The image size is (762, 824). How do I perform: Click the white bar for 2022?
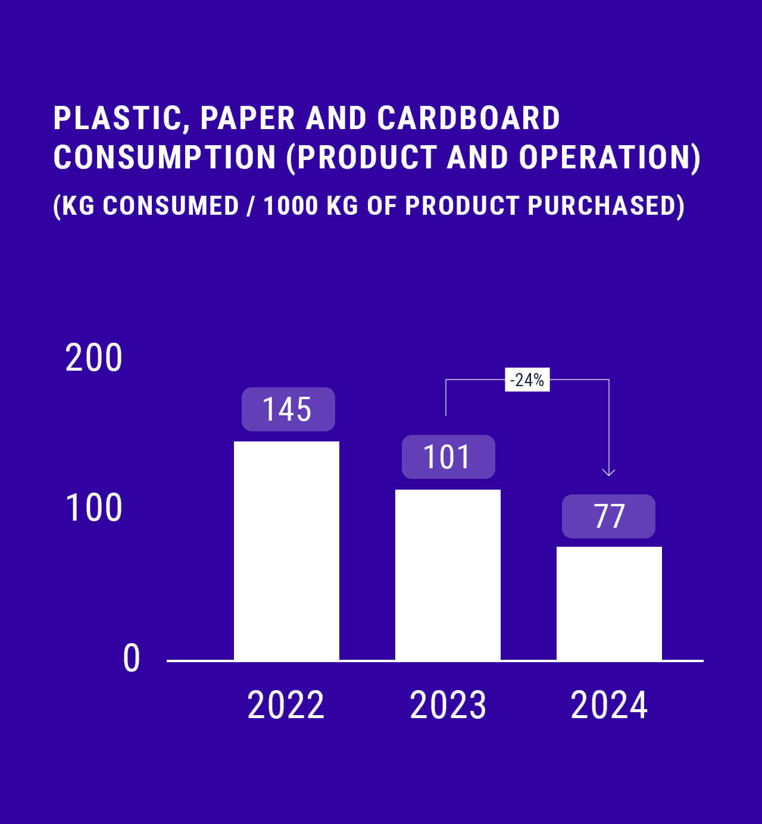[x=286, y=550]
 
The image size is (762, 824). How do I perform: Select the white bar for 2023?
[x=448, y=575]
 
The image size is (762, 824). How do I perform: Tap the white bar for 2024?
[x=609, y=603]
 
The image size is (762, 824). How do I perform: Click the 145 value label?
[x=288, y=409]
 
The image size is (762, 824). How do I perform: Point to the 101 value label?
[x=448, y=457]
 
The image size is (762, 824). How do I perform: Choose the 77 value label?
[x=608, y=516]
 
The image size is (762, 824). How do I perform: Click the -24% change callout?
[x=527, y=380]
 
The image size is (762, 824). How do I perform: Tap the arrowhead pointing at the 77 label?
[x=608, y=472]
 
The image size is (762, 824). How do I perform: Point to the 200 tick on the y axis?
[x=93, y=358]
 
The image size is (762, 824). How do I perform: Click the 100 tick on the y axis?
[x=93, y=508]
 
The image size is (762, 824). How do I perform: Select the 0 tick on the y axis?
[x=132, y=659]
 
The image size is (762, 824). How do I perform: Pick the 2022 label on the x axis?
[x=286, y=705]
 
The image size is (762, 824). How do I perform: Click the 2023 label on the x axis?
[x=448, y=705]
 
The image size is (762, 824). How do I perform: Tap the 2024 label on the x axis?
[x=609, y=705]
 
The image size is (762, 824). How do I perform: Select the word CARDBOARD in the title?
[x=469, y=118]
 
